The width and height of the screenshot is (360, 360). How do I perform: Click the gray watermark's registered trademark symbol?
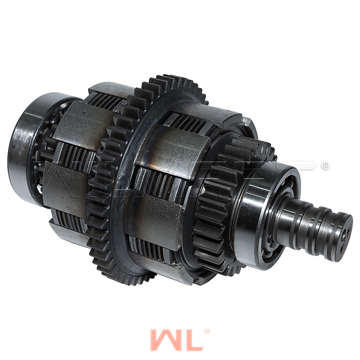[x=324, y=166]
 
